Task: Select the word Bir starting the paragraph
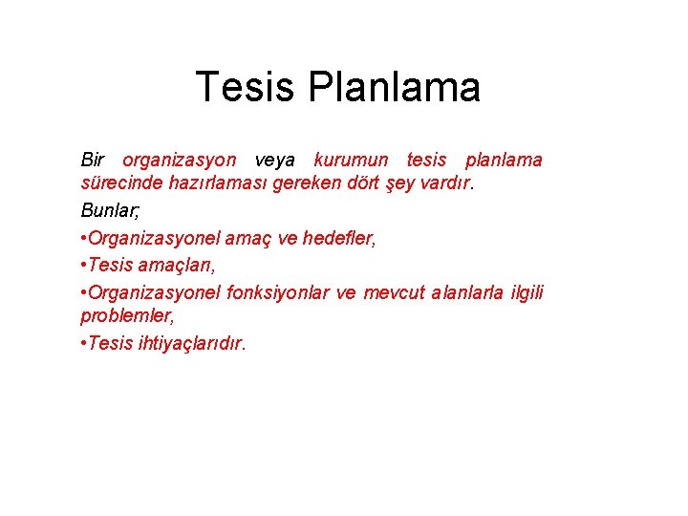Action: tap(93, 160)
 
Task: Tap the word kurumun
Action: tap(350, 160)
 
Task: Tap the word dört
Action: tap(375, 184)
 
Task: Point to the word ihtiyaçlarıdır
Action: tap(190, 343)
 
